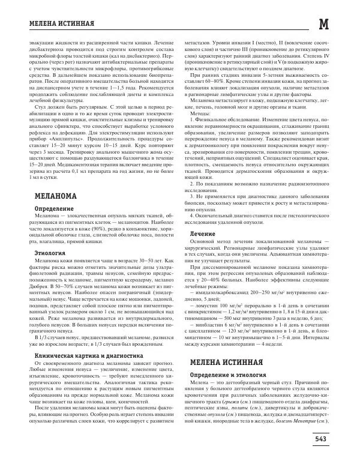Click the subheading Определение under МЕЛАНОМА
(x=58, y=191)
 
